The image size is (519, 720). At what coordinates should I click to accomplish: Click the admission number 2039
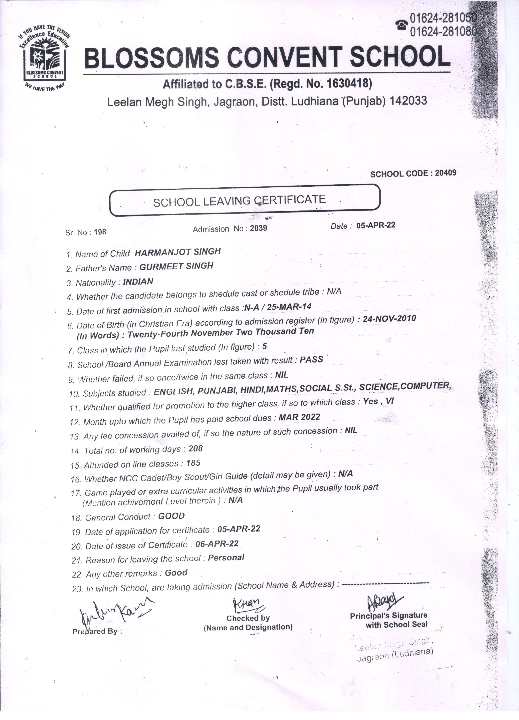pyautogui.click(x=258, y=228)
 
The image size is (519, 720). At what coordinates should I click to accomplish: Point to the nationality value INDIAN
pyautogui.click(x=138, y=282)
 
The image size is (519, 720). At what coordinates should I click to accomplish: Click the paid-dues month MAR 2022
pyautogui.click(x=299, y=417)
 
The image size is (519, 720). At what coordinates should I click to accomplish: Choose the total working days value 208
pyautogui.click(x=195, y=449)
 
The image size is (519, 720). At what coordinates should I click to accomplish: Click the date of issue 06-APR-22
pyautogui.click(x=217, y=544)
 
